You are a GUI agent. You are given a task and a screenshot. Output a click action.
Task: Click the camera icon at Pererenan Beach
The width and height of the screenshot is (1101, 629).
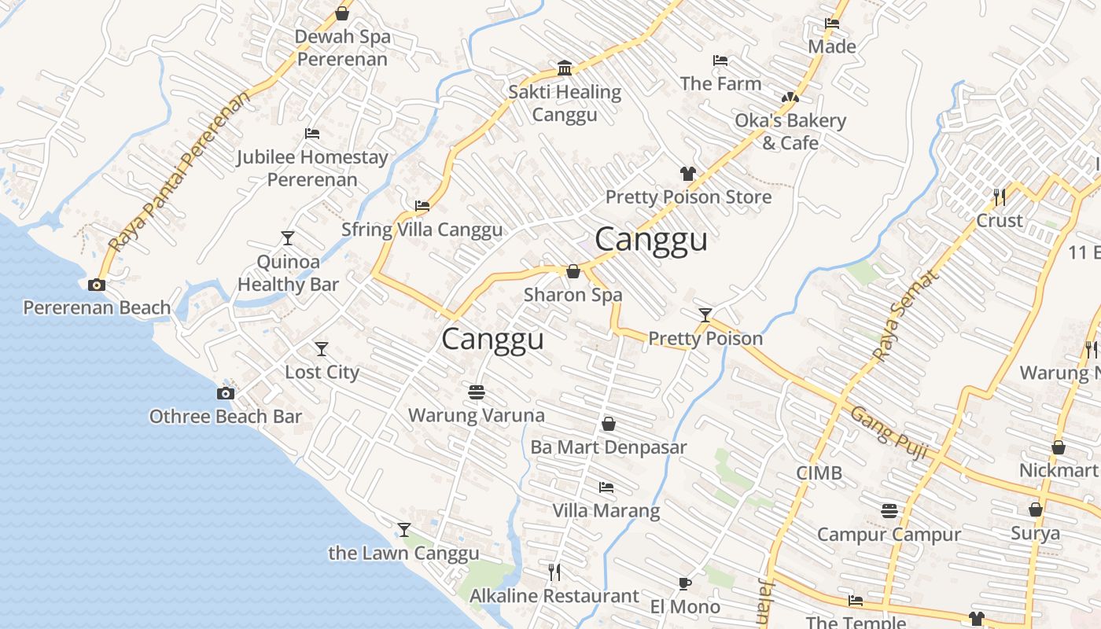[97, 285]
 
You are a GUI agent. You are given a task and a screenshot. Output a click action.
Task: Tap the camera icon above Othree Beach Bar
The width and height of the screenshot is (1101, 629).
[226, 393]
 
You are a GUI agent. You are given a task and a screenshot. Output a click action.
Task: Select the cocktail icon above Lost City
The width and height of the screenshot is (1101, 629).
[322, 348]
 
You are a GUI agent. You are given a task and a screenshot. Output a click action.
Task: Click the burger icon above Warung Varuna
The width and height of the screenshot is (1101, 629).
[476, 392]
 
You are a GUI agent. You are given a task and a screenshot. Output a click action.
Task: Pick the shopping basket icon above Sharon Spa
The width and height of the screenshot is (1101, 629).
[573, 271]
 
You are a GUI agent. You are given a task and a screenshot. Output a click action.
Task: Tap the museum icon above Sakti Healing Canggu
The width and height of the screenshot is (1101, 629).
[564, 68]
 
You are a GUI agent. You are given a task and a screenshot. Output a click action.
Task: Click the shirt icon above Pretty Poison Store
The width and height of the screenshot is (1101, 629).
[688, 174]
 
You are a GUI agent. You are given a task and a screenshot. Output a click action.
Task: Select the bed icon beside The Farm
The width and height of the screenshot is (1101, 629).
[720, 61]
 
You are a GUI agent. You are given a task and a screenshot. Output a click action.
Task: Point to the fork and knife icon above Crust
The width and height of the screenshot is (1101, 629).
[1000, 197]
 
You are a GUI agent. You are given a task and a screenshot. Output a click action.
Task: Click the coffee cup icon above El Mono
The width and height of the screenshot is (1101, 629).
[685, 583]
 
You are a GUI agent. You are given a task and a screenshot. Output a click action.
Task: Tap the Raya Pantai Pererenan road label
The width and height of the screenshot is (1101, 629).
[180, 172]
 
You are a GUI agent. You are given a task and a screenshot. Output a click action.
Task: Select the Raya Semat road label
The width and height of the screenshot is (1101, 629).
[907, 316]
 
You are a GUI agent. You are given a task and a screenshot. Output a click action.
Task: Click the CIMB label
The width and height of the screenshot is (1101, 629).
[819, 473]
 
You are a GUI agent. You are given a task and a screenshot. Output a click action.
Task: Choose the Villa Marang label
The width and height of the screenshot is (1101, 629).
[606, 510]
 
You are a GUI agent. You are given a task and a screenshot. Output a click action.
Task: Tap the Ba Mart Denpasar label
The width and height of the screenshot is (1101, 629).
[609, 447]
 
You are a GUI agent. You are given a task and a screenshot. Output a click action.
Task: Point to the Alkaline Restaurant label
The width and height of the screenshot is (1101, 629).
[554, 596]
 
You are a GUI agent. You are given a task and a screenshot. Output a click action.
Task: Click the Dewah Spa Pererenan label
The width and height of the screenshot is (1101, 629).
[342, 48]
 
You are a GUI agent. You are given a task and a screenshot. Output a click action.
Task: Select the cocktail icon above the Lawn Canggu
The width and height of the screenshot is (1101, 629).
[404, 530]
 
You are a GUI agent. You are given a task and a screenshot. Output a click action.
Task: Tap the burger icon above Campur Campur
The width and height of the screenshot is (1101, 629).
[889, 511]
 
